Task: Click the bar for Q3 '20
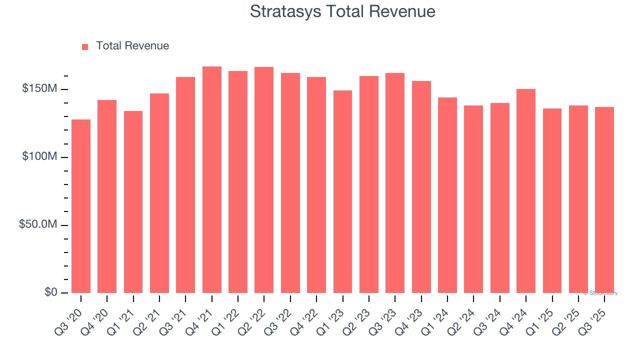(x=81, y=206)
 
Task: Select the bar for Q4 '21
(x=212, y=179)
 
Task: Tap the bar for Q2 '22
(x=264, y=180)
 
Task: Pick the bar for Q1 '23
(x=342, y=191)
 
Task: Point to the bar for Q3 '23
(x=395, y=183)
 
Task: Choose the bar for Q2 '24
(x=473, y=199)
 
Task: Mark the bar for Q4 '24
(x=526, y=191)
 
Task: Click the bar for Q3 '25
(x=604, y=200)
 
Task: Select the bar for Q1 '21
(x=133, y=202)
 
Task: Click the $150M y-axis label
(x=39, y=89)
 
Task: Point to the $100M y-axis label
(x=39, y=157)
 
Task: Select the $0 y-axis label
(x=50, y=292)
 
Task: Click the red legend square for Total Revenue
(x=85, y=46)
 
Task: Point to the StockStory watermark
(x=600, y=293)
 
